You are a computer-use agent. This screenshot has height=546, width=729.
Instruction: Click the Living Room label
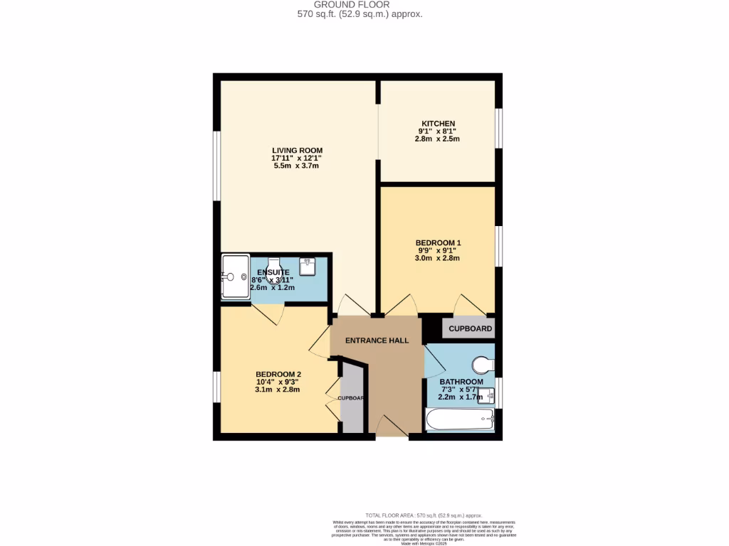tap(297, 150)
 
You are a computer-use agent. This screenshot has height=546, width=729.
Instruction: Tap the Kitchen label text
tap(437, 124)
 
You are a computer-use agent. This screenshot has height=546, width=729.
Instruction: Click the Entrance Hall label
tap(377, 341)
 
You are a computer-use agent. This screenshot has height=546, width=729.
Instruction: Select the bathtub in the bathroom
tap(459, 419)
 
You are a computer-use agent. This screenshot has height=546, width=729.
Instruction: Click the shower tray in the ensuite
tap(235, 277)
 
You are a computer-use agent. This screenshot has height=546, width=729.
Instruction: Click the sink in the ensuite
tap(308, 266)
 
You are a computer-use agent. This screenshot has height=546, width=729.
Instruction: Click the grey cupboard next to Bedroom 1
tap(470, 328)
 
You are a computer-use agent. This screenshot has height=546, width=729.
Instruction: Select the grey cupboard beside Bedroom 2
tap(351, 398)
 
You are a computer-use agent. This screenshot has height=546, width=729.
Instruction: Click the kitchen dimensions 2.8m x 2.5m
tap(437, 139)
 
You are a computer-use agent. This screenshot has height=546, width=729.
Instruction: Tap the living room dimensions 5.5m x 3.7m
tap(297, 166)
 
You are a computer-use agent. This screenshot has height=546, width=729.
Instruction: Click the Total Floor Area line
tap(424, 515)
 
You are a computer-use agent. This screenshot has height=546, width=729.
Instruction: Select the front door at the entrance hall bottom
tap(392, 427)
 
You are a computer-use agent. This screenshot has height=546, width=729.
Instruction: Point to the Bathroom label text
tap(461, 382)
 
